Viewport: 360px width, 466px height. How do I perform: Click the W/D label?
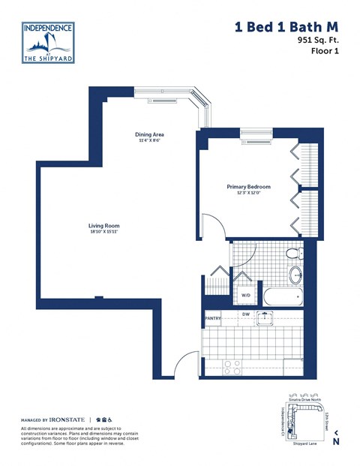pos(245,295)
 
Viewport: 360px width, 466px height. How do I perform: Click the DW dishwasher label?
pos(245,314)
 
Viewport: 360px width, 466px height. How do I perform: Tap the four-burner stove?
pos(233,366)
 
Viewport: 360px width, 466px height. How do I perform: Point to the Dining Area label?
pos(150,135)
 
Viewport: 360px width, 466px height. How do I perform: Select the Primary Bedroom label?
pos(248,187)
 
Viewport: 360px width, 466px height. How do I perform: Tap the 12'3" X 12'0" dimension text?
pos(248,193)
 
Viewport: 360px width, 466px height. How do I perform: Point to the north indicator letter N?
pos(336,441)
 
